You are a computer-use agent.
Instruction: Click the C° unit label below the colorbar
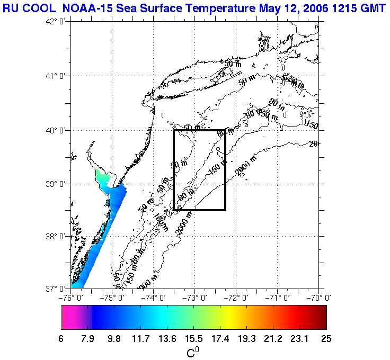click(193, 352)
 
